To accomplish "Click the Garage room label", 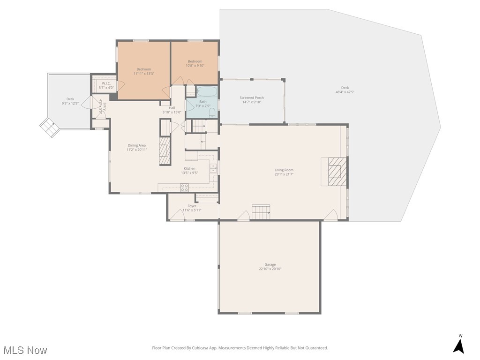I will point(270,266).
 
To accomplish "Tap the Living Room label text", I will point(284,172).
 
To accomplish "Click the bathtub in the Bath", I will point(206,91).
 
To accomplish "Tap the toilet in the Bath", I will point(212,112).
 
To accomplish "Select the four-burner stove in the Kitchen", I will point(185,187).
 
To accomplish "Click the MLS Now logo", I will point(25,350).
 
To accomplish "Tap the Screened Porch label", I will point(252,100).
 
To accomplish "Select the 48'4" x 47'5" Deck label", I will point(345,90).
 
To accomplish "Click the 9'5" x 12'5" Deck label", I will point(70,101).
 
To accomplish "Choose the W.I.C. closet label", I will point(106,85).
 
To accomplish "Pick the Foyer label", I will point(192,208).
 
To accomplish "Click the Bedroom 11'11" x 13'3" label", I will point(144,71).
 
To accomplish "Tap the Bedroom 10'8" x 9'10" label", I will point(195,63).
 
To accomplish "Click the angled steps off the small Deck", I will point(49,127).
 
